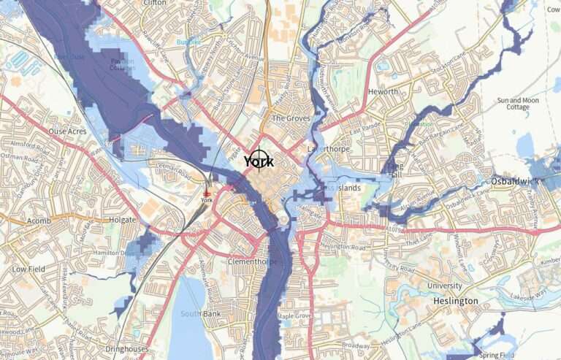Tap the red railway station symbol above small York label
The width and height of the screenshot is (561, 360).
(x=207, y=192)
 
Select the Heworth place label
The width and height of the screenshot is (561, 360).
(x=383, y=92)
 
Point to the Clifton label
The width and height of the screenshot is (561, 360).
(x=156, y=3)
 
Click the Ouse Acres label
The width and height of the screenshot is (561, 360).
(x=66, y=131)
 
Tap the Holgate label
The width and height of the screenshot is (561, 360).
(x=121, y=219)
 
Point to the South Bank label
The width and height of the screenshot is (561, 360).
(x=195, y=314)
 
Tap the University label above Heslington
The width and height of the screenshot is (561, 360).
(x=444, y=286)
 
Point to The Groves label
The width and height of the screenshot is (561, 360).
(x=290, y=118)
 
